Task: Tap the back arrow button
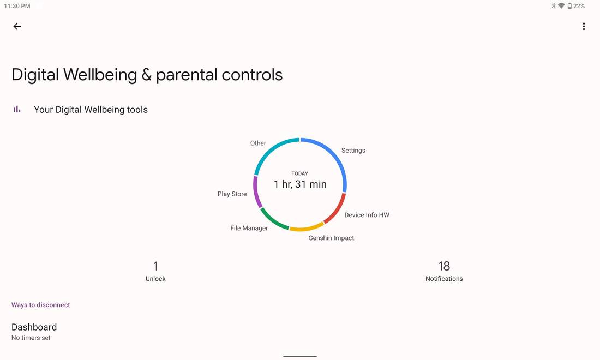coord(17,26)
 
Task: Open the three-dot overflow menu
coord(584,26)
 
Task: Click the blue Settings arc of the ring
coord(335,155)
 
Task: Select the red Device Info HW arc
coord(337,209)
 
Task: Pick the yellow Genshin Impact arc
coord(307,229)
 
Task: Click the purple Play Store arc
coord(256,192)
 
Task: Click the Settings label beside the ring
coord(353,151)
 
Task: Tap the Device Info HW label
coord(367,215)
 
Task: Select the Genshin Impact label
coord(331,238)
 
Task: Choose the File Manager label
coord(249,228)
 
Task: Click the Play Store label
coord(232,194)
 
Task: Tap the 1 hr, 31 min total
coord(300,184)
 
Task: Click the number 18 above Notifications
coord(444,266)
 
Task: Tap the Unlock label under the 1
coord(155,279)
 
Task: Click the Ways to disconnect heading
coord(40,305)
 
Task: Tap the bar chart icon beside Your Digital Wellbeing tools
coord(17,110)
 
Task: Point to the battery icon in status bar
coord(569,6)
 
